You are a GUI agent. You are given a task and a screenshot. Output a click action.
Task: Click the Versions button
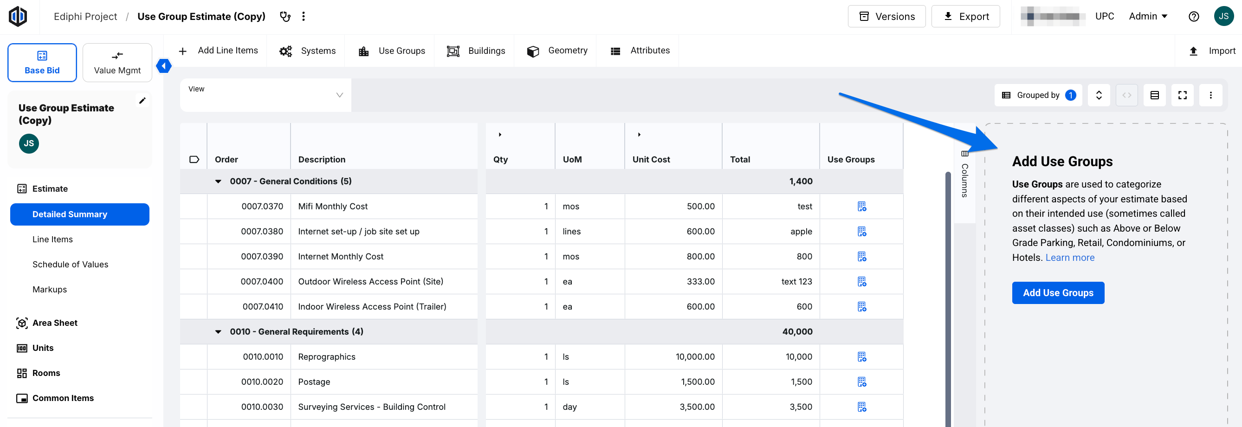coord(886,16)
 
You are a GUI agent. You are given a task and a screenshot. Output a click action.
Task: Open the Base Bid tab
coord(42,63)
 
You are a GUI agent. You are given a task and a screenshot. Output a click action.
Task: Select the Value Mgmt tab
coord(117,63)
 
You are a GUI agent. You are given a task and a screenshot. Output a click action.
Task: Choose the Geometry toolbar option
coord(557,51)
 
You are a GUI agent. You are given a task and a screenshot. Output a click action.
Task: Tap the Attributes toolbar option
coord(640,51)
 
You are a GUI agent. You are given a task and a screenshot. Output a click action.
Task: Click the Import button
coord(1212,51)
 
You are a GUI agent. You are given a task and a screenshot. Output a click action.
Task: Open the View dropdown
coord(265,95)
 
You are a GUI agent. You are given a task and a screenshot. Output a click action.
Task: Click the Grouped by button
coord(1038,95)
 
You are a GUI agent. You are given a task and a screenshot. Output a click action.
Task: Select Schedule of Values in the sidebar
coord(71,264)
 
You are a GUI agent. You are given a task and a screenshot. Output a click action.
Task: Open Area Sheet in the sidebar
coord(54,323)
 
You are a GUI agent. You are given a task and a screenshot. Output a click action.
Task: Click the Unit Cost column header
coord(651,160)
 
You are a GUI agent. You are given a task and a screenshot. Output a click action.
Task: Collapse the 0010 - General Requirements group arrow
coord(219,331)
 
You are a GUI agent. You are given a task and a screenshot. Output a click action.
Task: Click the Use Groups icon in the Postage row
coord(861,382)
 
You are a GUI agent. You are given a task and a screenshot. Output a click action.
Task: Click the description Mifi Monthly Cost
coord(333,206)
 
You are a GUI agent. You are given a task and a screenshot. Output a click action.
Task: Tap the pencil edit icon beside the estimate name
coord(142,101)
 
